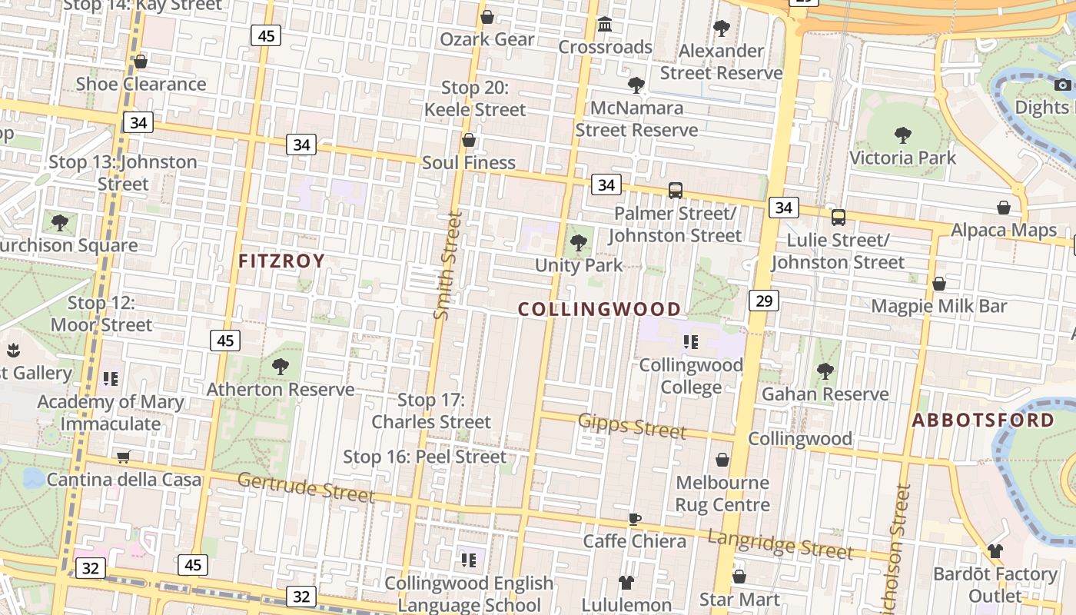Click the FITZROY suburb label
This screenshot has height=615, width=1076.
tap(281, 261)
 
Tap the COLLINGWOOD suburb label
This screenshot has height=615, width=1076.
tap(599, 309)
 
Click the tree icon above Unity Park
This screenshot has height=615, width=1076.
tap(579, 244)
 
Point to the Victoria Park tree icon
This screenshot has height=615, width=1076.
tap(903, 136)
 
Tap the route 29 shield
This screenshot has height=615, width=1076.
tap(764, 300)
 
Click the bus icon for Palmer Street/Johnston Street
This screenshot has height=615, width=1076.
tap(676, 190)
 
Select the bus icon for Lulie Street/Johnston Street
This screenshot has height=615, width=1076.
tap(838, 217)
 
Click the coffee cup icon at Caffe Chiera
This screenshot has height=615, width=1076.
tap(635, 519)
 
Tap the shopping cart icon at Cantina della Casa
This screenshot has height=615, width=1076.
tap(124, 457)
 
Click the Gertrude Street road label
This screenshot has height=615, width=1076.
tap(305, 487)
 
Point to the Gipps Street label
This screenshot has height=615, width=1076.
tap(632, 425)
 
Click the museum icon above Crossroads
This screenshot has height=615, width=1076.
tap(605, 25)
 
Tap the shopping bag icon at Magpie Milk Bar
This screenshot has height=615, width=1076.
tap(938, 284)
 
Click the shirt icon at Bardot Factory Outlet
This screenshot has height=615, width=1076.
tap(995, 551)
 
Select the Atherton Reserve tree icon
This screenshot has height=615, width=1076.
tap(281, 367)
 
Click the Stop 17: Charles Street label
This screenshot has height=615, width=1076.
tap(431, 411)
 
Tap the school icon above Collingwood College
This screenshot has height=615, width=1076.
tap(690, 342)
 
